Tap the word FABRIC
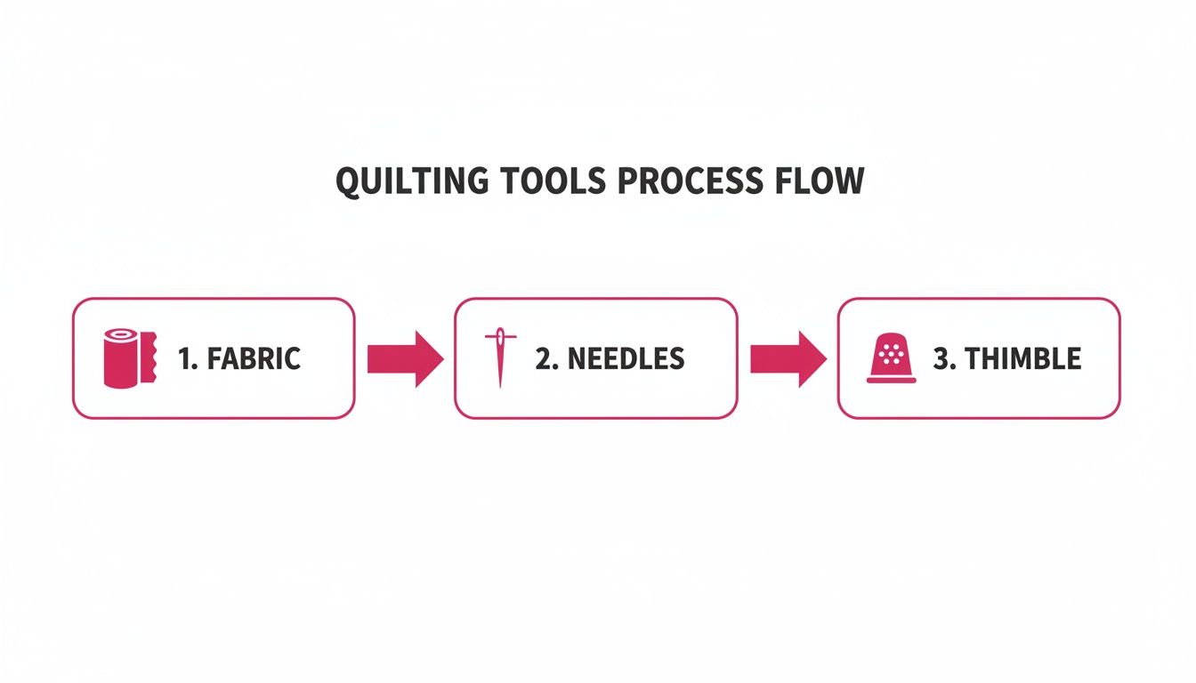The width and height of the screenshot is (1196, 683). coord(253,358)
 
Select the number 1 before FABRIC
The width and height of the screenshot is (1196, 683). coord(185,358)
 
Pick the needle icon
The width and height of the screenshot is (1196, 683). coord(499,358)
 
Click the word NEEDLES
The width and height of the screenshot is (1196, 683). coord(626,358)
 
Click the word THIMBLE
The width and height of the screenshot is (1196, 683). coord(1023,358)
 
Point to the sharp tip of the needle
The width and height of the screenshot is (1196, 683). coord(499,386)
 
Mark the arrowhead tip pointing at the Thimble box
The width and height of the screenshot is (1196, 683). coord(825,358)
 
